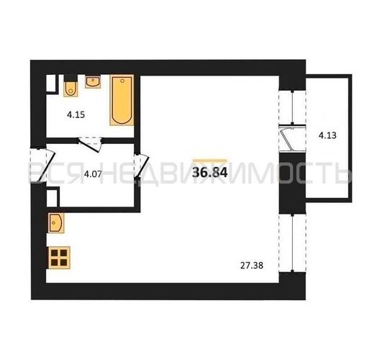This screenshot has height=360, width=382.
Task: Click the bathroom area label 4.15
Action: click(76, 114)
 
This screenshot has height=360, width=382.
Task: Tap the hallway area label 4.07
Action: click(93, 174)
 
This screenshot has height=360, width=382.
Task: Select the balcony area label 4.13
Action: click(327, 135)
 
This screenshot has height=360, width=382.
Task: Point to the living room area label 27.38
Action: click(252, 266)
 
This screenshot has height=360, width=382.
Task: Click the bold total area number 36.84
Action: click(210, 173)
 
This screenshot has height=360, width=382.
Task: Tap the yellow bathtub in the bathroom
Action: click(122, 100)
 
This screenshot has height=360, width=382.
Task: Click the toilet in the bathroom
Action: click(71, 86)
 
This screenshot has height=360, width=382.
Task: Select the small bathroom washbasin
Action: click(93, 81)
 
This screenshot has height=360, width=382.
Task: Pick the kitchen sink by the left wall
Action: click(56, 223)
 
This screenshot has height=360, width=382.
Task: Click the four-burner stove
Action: click(60, 258)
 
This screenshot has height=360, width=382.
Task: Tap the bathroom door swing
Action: click(91, 145)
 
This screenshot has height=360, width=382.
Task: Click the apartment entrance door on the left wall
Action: click(42, 164)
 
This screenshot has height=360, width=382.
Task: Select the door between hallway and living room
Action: click(141, 166)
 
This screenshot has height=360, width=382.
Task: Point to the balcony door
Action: click(292, 138)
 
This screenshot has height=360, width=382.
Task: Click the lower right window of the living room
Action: click(292, 243)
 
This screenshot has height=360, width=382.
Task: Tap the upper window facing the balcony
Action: click(292, 107)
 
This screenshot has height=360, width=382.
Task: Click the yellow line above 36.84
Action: click(210, 161)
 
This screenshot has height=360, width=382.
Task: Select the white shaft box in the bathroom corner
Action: click(51, 84)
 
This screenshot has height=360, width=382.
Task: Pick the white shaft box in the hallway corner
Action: click(52, 197)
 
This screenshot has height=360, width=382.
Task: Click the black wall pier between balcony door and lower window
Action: click(292, 183)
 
